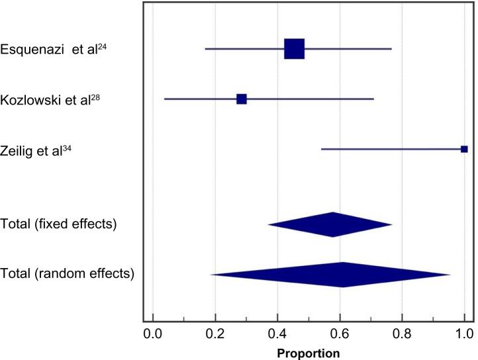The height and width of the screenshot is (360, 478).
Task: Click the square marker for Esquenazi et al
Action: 294,49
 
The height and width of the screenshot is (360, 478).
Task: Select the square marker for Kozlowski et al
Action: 242,99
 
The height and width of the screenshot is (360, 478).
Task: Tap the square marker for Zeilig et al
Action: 464,149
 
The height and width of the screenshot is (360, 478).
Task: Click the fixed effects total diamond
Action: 331,224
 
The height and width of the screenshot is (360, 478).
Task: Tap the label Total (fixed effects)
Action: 59,224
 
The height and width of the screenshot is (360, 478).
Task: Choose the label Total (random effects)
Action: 67,273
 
